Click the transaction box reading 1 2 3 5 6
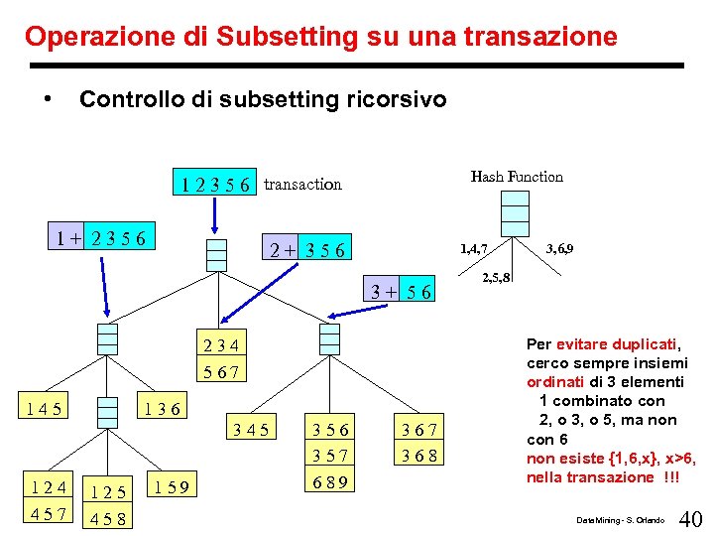pos(215,184)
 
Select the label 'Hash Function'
pos(517,177)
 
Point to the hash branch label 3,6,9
pos(560,248)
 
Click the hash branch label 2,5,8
pos(497,278)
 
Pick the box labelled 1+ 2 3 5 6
pos(102,238)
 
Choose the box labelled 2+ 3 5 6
pos(308,251)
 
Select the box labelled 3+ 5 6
pos(401,292)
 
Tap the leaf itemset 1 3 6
pos(161,408)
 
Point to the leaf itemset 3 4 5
pos(250,430)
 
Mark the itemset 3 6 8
pos(418,457)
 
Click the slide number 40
pos(691,518)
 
